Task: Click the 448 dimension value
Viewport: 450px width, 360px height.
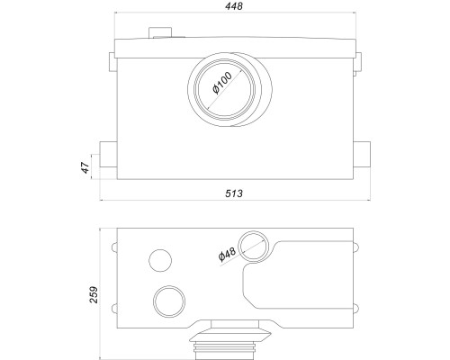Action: tap(234, 6)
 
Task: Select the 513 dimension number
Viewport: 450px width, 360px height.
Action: tap(234, 193)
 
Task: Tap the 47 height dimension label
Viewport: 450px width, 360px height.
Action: tap(85, 167)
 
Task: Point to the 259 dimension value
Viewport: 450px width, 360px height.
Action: tap(94, 294)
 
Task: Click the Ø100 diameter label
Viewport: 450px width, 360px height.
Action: tap(222, 83)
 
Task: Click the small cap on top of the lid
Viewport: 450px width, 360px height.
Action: tap(160, 32)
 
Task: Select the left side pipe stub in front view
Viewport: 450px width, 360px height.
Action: tap(108, 155)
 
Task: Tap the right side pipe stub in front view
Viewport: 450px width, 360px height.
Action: tap(362, 155)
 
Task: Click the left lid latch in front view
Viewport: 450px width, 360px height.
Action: tap(112, 62)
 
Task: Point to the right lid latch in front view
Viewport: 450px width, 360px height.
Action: tap(358, 64)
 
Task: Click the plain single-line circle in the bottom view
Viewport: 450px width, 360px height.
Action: tap(160, 260)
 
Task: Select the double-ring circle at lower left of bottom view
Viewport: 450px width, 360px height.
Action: tap(169, 301)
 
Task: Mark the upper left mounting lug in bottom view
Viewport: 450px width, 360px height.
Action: tap(114, 247)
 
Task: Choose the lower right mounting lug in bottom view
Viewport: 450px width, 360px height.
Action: tap(355, 309)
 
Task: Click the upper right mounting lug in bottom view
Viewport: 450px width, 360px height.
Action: tap(355, 247)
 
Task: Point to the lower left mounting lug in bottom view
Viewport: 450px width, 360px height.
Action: tap(114, 309)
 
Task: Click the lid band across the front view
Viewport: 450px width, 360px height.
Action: tap(236, 49)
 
